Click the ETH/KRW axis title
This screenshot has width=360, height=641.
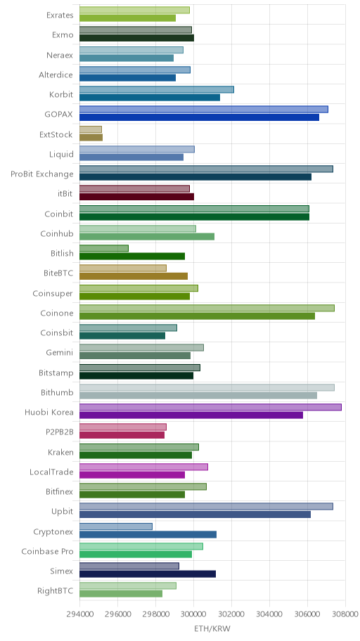pyautogui.click(x=212, y=628)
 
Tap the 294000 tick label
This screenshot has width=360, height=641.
pyautogui.click(x=79, y=614)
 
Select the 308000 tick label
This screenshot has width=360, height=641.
pyautogui.click(x=345, y=614)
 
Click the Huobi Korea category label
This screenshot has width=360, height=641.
pyautogui.click(x=49, y=412)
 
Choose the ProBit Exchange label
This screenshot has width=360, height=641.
pyautogui.click(x=42, y=174)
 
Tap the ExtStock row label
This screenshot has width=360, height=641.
pyautogui.click(x=56, y=134)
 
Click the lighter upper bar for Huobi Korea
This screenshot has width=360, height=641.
pyautogui.click(x=210, y=407)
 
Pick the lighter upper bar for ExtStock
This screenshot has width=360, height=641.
pyautogui.click(x=91, y=129)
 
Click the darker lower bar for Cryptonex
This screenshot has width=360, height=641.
pyautogui.click(x=148, y=534)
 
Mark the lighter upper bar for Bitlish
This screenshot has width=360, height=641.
pyautogui.click(x=104, y=248)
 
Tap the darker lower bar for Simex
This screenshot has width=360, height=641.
pyautogui.click(x=147, y=574)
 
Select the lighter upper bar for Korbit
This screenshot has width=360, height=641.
pyautogui.click(x=157, y=89)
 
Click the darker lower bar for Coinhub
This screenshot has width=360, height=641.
pyautogui.click(x=147, y=236)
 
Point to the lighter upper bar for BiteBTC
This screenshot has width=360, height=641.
pyautogui.click(x=123, y=268)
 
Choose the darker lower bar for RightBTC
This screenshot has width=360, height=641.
pyautogui.click(x=121, y=594)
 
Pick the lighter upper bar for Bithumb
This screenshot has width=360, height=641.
pyautogui.click(x=207, y=387)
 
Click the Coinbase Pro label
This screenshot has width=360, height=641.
pyautogui.click(x=47, y=552)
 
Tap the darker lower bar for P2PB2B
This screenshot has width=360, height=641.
pyautogui.click(x=122, y=435)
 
